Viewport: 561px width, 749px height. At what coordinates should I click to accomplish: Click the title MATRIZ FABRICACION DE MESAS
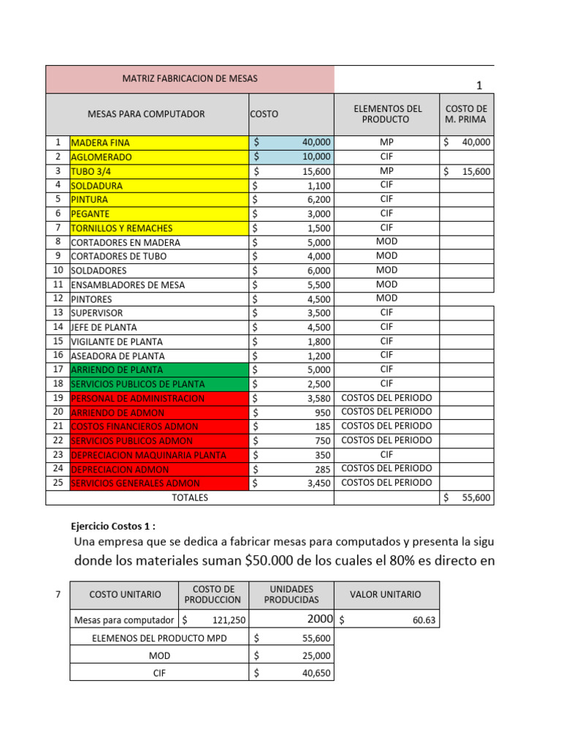point(189,78)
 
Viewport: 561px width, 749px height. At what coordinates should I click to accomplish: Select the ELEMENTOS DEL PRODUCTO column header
point(388,114)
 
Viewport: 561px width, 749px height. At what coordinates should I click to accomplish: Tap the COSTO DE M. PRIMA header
point(466,114)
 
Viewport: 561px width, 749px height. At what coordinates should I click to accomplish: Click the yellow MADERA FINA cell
point(159,143)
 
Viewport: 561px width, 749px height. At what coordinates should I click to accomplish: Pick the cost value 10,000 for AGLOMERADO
point(316,157)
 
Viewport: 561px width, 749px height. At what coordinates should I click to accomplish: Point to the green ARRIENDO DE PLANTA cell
point(159,370)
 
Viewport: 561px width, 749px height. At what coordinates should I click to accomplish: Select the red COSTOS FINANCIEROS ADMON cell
point(159,426)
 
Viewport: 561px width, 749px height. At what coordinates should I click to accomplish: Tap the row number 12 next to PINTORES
point(57,298)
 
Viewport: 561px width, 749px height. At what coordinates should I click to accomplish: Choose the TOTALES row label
point(190,497)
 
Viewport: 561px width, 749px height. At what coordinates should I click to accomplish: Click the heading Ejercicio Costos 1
point(113,526)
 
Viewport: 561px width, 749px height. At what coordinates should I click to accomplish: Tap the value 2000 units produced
point(318,620)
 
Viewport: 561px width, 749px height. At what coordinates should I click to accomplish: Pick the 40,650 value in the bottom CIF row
point(316,673)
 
